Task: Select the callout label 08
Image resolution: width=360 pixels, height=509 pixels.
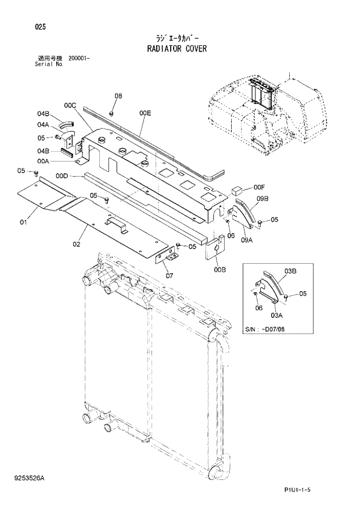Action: tap(118, 96)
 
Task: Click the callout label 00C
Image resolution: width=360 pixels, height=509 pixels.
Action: tap(70, 105)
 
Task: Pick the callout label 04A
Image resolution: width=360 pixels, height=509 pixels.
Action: tap(44, 124)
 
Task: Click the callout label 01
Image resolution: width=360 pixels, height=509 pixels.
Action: tap(24, 222)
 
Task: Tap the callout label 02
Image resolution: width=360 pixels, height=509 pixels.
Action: tap(76, 244)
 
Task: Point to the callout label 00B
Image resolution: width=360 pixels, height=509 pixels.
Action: tap(219, 269)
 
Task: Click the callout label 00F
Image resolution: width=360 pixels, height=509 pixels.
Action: tap(259, 187)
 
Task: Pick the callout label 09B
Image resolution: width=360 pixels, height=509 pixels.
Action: tap(262, 199)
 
